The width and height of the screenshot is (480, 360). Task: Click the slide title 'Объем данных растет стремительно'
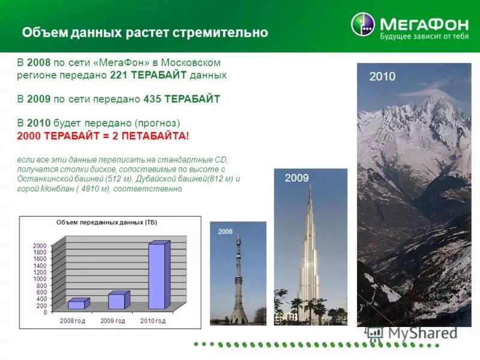click(145, 32)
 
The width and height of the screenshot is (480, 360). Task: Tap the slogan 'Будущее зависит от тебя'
click(422, 37)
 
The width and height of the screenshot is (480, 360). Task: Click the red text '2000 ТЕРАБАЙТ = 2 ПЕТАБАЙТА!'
click(103, 136)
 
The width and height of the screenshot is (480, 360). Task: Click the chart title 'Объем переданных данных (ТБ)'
click(107, 222)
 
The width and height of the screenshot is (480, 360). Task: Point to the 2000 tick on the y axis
click(40, 246)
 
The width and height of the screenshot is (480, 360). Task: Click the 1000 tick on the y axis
click(40, 279)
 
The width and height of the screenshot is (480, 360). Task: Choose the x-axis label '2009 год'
click(112, 321)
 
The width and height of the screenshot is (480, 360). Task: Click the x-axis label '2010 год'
click(152, 321)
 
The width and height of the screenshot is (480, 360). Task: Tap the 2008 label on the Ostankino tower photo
click(225, 231)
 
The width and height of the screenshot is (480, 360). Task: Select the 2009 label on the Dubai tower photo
click(296, 178)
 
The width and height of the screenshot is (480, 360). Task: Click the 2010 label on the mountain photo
click(382, 77)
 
